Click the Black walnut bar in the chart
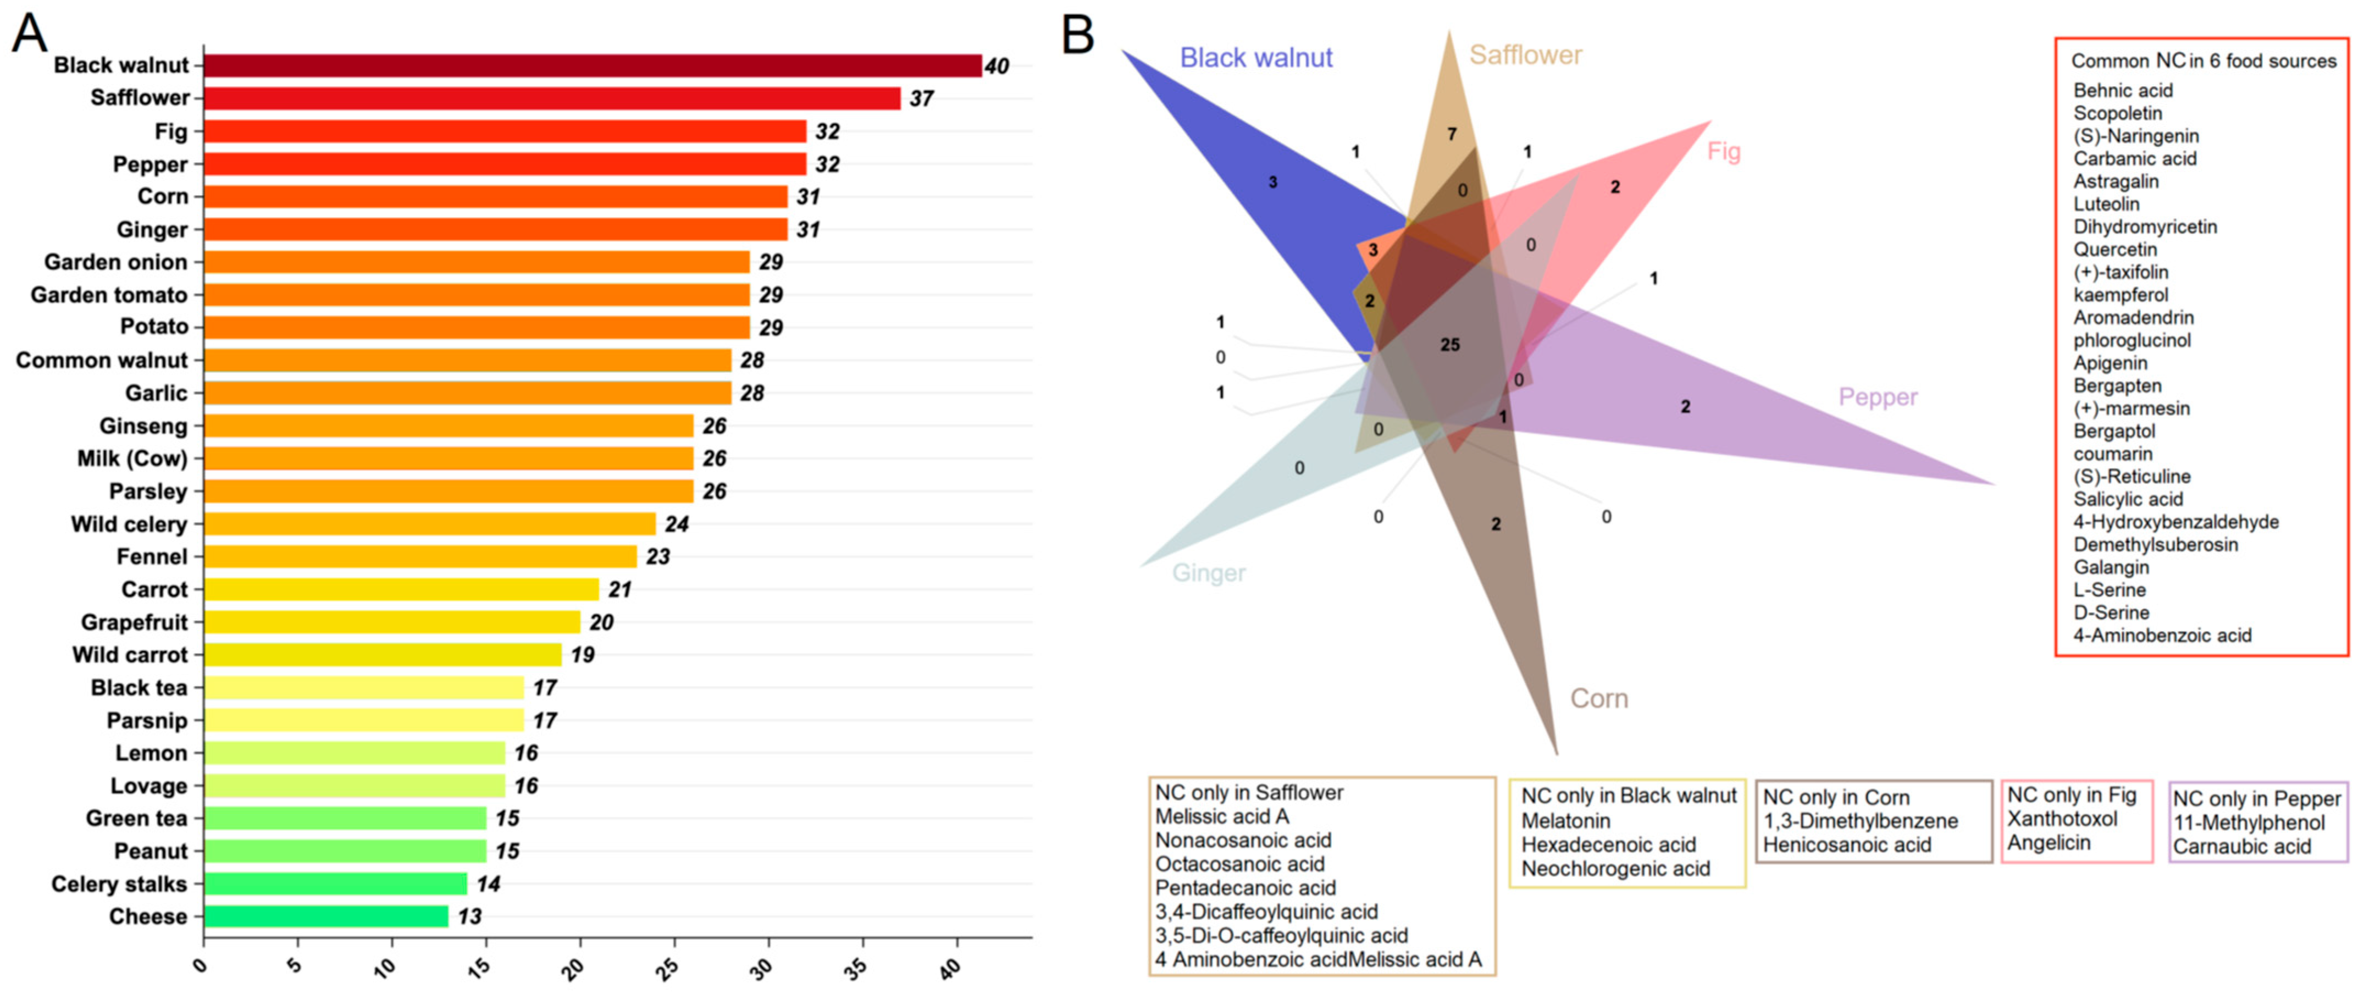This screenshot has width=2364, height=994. (592, 66)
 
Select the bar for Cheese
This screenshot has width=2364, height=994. (326, 916)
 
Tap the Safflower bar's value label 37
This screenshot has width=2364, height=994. (921, 98)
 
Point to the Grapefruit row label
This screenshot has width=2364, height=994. (134, 622)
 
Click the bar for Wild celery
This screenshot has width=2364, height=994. (429, 524)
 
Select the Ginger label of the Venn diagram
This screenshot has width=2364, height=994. (1209, 573)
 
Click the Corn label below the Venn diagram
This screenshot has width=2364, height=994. (1599, 698)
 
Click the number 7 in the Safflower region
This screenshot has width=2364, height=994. (1452, 135)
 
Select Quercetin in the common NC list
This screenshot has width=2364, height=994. (2116, 250)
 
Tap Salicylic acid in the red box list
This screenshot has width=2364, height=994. (2128, 499)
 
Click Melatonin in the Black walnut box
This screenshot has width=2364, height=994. (1565, 820)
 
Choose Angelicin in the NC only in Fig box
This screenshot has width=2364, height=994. (2049, 843)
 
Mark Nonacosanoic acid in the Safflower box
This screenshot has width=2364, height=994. (1243, 840)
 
